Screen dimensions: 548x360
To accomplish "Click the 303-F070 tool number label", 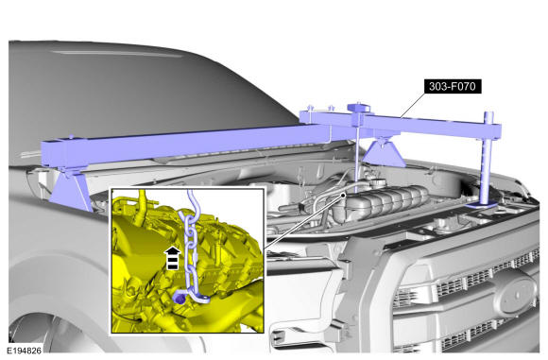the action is [453, 86].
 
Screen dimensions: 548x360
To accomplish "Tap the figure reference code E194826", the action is [25, 351].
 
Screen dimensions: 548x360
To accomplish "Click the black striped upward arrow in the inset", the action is [172, 258].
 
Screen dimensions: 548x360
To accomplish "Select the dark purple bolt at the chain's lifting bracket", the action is [179, 299].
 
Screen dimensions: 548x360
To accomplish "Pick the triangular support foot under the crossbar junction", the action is [384, 153].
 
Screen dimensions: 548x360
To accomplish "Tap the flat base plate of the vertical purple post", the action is [481, 205].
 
